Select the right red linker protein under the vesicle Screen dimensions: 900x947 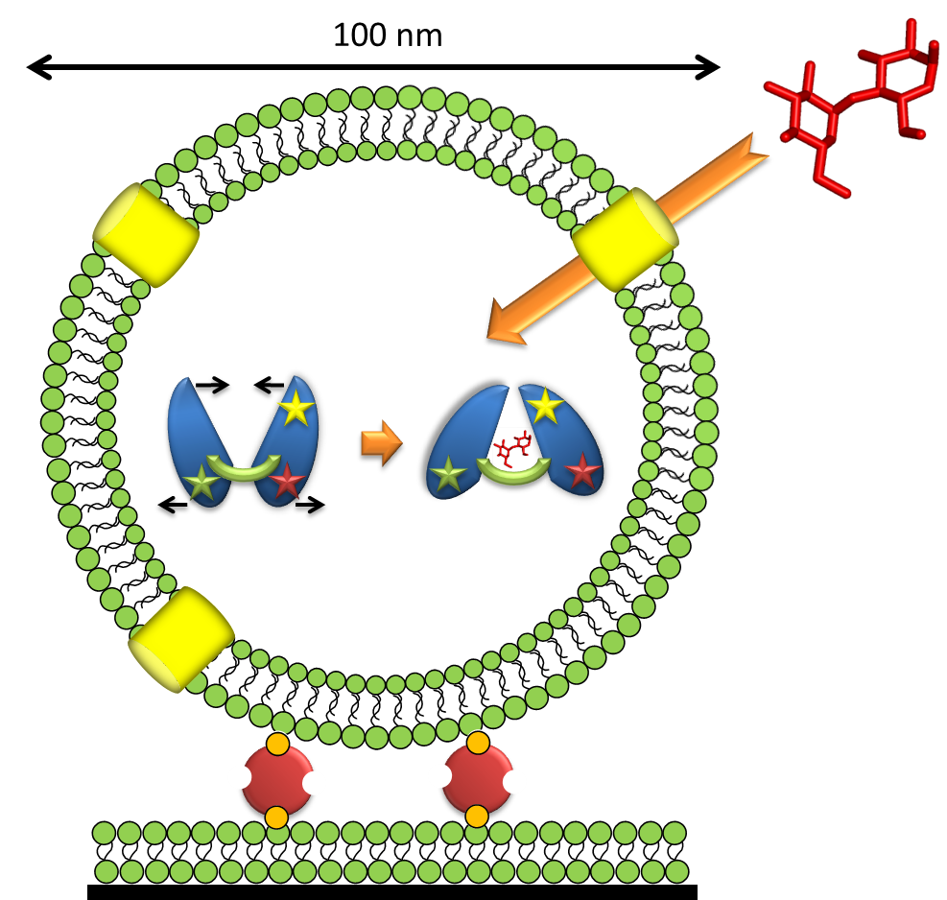477,779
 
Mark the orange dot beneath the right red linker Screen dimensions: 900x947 477,816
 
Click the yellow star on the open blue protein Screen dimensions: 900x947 296,410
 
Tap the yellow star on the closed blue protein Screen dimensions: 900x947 545,407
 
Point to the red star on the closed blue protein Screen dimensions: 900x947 581,471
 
